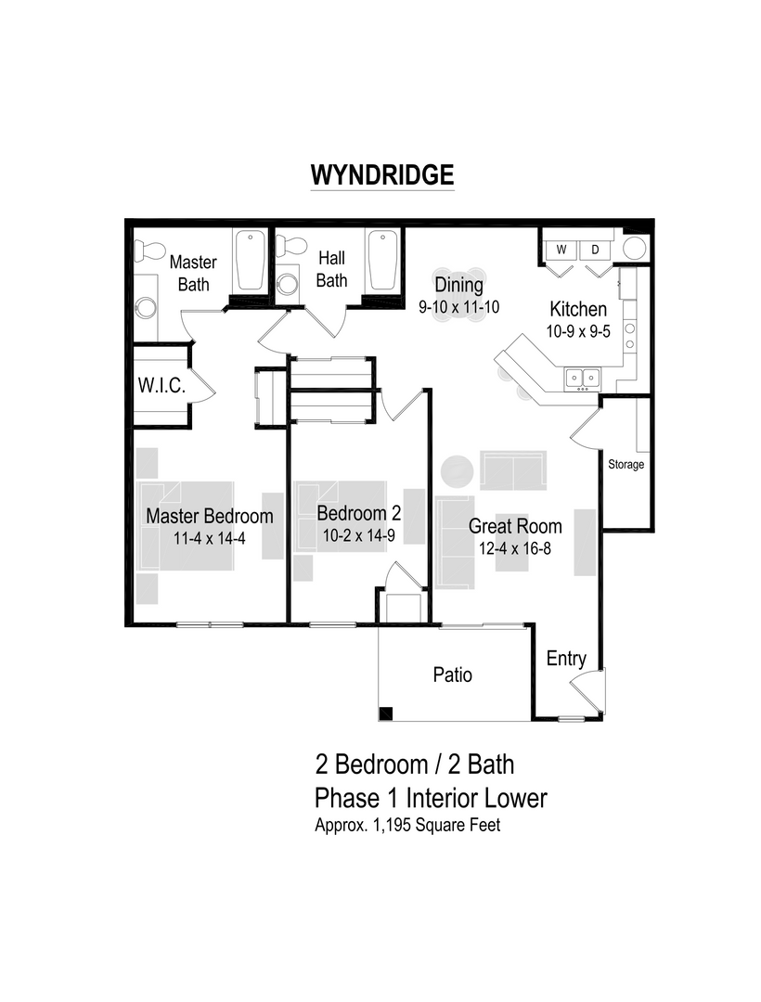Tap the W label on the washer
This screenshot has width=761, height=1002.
(x=561, y=250)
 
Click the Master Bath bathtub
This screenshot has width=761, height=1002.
(x=250, y=261)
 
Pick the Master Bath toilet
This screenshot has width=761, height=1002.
(x=148, y=250)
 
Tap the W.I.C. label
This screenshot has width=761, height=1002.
(x=162, y=386)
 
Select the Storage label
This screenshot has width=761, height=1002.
(x=626, y=464)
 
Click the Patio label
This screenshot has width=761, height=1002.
(x=453, y=674)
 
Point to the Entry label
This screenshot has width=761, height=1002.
(x=566, y=659)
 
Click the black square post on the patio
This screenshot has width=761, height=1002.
(x=385, y=713)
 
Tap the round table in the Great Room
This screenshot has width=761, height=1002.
(x=458, y=471)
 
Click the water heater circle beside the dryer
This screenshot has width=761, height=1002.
(x=634, y=248)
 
